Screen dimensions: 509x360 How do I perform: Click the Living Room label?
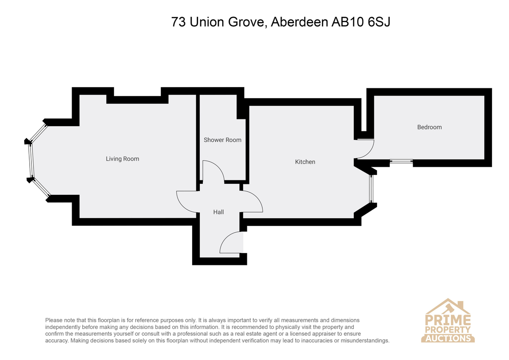(x=122, y=159)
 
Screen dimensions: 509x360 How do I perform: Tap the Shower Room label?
(x=222, y=140)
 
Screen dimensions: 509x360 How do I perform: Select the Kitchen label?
(x=305, y=162)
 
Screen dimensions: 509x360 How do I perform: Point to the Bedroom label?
(x=429, y=127)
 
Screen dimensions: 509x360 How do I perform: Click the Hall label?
(x=218, y=212)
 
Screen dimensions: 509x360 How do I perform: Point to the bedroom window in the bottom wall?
(x=401, y=161)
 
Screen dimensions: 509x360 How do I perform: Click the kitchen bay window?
(x=371, y=188)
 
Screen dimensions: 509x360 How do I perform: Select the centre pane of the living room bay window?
(x=31, y=160)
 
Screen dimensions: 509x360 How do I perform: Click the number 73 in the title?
(x=179, y=22)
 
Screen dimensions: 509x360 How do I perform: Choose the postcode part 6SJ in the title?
(x=379, y=22)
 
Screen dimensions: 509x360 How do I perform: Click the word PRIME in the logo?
(x=447, y=320)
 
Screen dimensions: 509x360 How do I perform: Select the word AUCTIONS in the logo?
(x=448, y=338)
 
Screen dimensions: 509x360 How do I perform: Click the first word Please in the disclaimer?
(x=54, y=320)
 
